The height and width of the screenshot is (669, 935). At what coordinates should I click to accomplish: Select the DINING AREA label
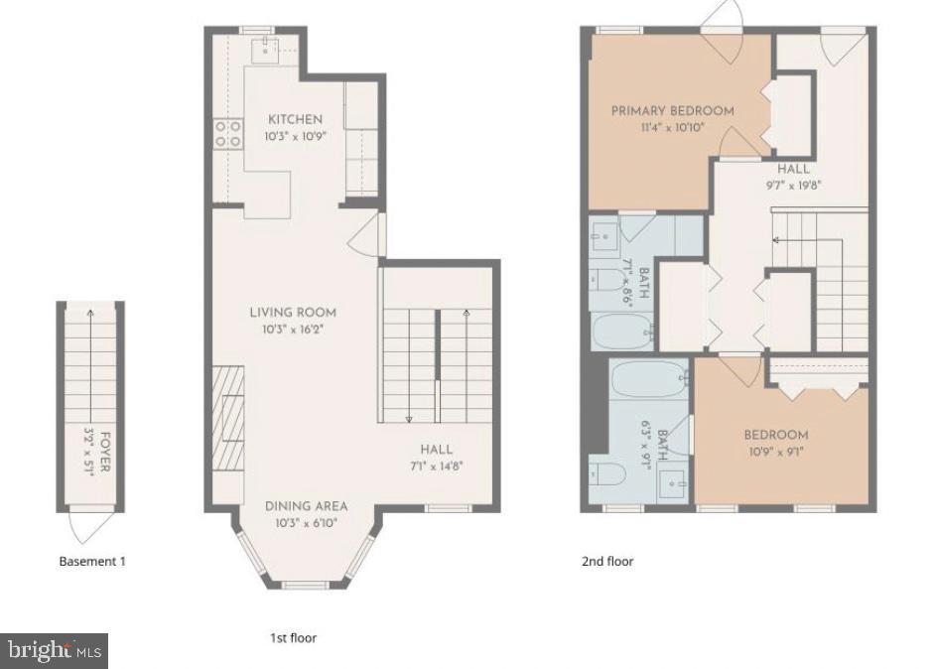tap(306, 506)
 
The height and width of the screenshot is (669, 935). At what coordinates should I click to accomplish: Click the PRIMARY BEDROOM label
tap(672, 110)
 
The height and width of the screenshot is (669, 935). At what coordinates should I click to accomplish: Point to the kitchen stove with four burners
tap(229, 134)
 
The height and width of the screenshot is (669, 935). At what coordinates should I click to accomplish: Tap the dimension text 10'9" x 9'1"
tap(776, 452)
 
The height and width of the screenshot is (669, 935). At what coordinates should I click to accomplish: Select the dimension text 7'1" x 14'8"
tap(437, 466)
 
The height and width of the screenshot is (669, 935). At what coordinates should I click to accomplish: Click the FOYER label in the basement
tap(104, 452)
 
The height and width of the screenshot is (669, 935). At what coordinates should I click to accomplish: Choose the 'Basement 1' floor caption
tap(92, 561)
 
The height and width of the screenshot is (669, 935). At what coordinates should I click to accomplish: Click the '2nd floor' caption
tap(606, 561)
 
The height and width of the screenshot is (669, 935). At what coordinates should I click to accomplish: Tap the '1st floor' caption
tap(293, 637)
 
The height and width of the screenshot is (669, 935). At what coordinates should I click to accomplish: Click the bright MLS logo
tap(55, 651)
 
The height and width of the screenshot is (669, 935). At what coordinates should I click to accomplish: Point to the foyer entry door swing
tap(89, 523)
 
